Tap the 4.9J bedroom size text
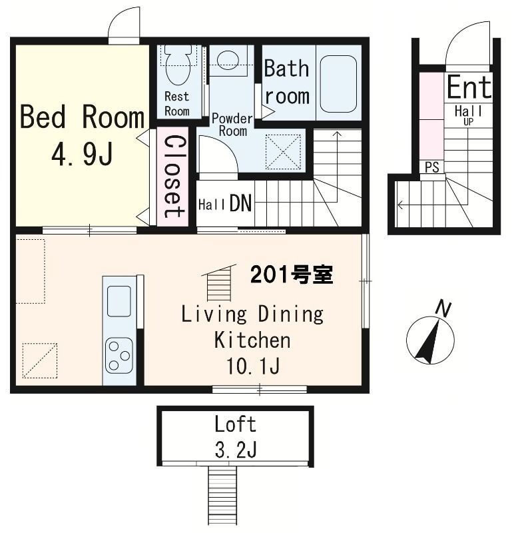tap(81, 155)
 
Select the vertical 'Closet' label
tap(173, 177)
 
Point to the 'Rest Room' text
tap(176, 103)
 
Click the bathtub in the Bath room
tap(339, 83)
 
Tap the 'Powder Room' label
tap(232, 125)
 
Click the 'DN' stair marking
tap(240, 204)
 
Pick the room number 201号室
tap(292, 274)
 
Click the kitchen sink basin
tap(119, 301)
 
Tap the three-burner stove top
tap(119, 354)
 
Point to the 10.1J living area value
tap(251, 367)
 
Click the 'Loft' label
tap(235, 424)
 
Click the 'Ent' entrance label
tap(469, 87)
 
